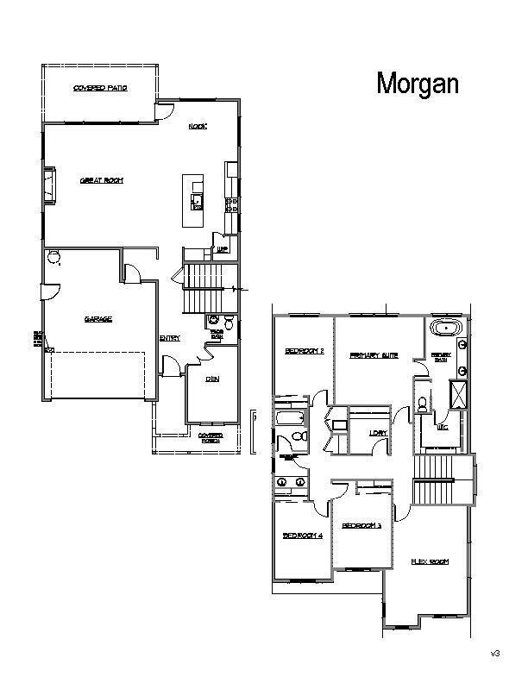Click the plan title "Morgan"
[x=418, y=83]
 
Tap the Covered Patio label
[x=100, y=89]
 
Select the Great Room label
[x=102, y=180]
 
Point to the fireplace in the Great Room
[x=50, y=185]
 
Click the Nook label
[x=198, y=127]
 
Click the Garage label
[x=97, y=319]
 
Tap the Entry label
[x=169, y=338]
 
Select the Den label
[x=211, y=379]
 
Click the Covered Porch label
[x=211, y=438]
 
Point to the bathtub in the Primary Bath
[x=446, y=329]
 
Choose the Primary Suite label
[x=373, y=354]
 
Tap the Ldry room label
[x=376, y=432]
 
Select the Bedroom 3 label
[x=361, y=525]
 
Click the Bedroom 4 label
[x=302, y=536]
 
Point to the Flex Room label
[x=429, y=561]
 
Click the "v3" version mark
[x=495, y=653]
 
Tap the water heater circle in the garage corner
[x=54, y=256]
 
